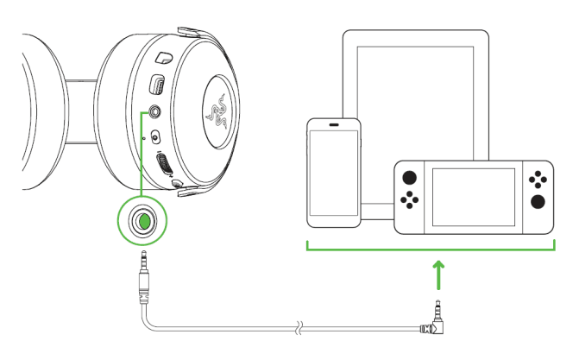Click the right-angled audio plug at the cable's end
click(437, 324)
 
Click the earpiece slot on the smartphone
click(335, 127)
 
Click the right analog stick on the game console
click(538, 202)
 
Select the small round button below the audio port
click(155, 136)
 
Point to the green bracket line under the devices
click(431, 251)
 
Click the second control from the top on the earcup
click(158, 85)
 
